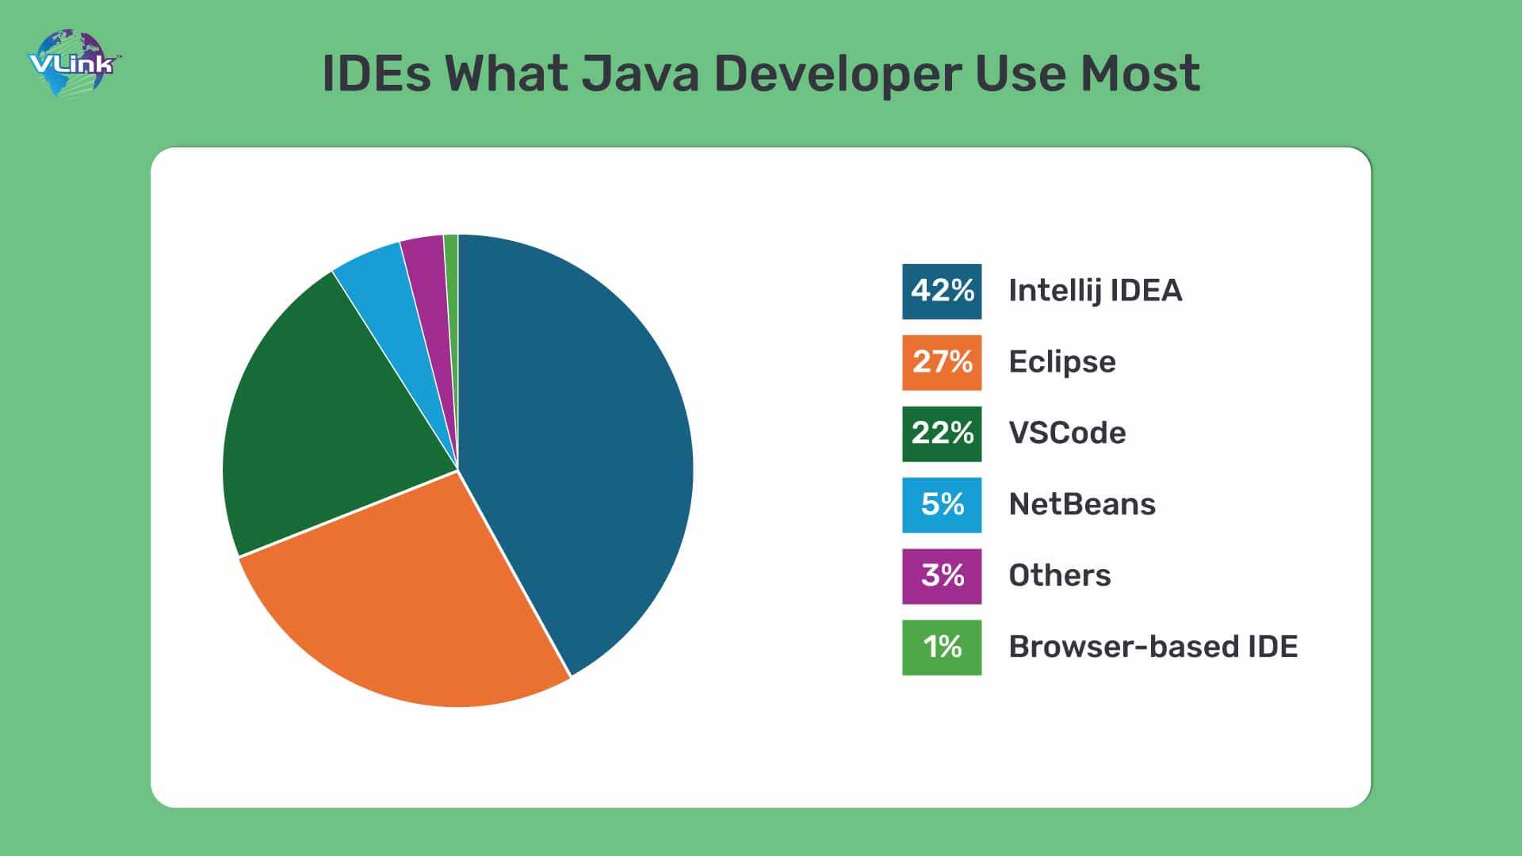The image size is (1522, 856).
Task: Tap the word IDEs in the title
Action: point(377,74)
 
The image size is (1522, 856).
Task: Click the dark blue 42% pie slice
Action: point(579,444)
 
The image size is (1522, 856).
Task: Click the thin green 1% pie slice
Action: point(452,269)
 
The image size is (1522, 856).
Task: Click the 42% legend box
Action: point(942,292)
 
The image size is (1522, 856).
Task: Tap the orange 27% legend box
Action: point(942,362)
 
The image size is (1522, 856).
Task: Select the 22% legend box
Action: point(942,434)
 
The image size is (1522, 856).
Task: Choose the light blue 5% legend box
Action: point(942,505)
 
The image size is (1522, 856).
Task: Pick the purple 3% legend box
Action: point(942,576)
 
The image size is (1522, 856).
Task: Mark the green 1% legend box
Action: point(942,648)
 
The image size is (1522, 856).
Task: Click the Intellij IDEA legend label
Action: point(1095,291)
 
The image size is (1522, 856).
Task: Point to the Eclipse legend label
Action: point(1061,362)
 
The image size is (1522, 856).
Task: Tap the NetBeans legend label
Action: point(1081,505)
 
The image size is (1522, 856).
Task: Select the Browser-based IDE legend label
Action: point(1153,648)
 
